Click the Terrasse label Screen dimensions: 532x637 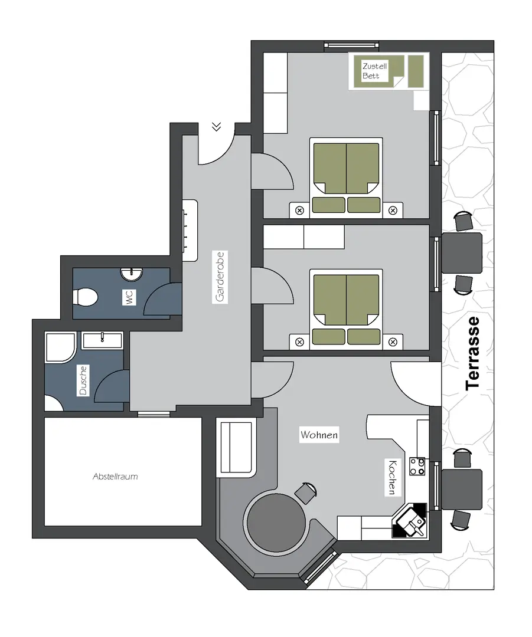click(473, 353)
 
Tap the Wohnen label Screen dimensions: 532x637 click(319, 435)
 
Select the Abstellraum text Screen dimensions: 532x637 click(115, 477)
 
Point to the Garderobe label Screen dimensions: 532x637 click(220, 277)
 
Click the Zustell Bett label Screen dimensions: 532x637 click(374, 71)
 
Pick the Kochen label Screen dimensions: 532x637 click(392, 477)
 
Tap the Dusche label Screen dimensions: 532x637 click(83, 380)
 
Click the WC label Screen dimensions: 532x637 click(129, 298)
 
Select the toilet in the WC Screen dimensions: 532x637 click(85, 297)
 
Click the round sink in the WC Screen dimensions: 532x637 click(131, 274)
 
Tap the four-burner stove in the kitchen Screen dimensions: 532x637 click(417, 467)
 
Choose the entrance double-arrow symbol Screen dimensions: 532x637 click(216, 127)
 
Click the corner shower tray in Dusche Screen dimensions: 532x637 click(61, 348)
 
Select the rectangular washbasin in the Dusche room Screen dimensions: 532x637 click(102, 340)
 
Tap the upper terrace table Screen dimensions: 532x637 click(462, 252)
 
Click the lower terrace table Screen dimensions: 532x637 click(462, 490)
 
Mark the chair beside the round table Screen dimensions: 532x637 click(305, 492)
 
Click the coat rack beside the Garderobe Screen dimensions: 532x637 click(190, 231)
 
